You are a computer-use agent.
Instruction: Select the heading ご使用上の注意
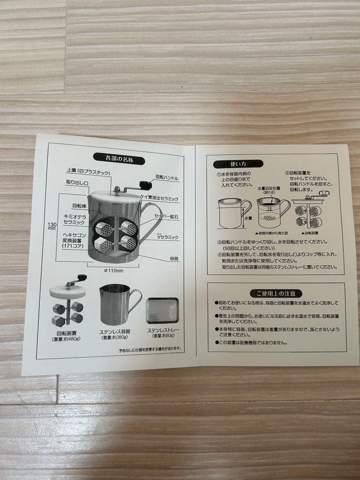click(276, 293)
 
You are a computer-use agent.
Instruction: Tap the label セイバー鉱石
click(166, 216)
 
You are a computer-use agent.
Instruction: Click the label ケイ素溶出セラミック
click(159, 198)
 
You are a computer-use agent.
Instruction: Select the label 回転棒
click(80, 206)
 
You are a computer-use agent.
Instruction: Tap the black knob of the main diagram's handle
click(144, 184)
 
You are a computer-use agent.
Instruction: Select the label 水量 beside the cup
click(247, 219)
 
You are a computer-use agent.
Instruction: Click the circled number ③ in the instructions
click(219, 242)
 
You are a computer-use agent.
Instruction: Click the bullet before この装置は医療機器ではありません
click(216, 343)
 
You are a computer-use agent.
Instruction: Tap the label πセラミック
click(166, 237)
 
